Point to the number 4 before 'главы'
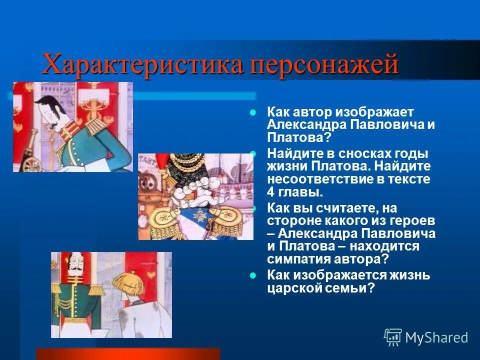270,191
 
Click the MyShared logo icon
393,337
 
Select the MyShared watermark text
436,338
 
